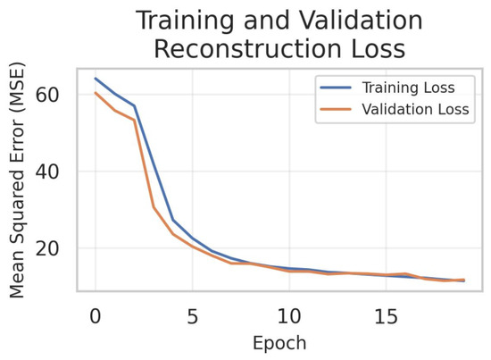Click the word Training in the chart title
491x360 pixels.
186,21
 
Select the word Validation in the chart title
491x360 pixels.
361,20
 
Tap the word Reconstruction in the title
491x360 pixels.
247,49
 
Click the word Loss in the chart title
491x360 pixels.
379,49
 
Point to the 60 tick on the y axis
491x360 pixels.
47,95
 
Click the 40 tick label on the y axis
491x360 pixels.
47,172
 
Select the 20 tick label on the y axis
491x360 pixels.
47,248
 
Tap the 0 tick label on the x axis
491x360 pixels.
96,316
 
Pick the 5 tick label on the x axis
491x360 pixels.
193,316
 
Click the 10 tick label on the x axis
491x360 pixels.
289,316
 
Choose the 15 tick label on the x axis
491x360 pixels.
386,316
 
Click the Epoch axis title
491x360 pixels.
279,343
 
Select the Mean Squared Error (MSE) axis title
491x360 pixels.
17,180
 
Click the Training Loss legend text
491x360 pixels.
408,88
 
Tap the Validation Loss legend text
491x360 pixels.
415,109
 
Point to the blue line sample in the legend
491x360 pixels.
336,88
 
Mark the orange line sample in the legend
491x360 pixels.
336,109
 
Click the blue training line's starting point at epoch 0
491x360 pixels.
96,79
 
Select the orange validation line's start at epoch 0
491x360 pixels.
96,93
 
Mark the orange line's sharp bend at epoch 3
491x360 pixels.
154,207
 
